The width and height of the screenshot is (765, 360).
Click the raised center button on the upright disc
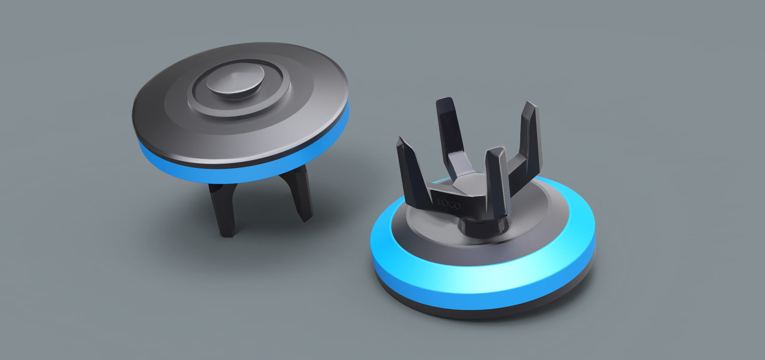click(x=235, y=80)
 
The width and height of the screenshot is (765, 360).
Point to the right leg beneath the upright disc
click(x=298, y=193)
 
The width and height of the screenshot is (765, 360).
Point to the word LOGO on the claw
click(x=449, y=203)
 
